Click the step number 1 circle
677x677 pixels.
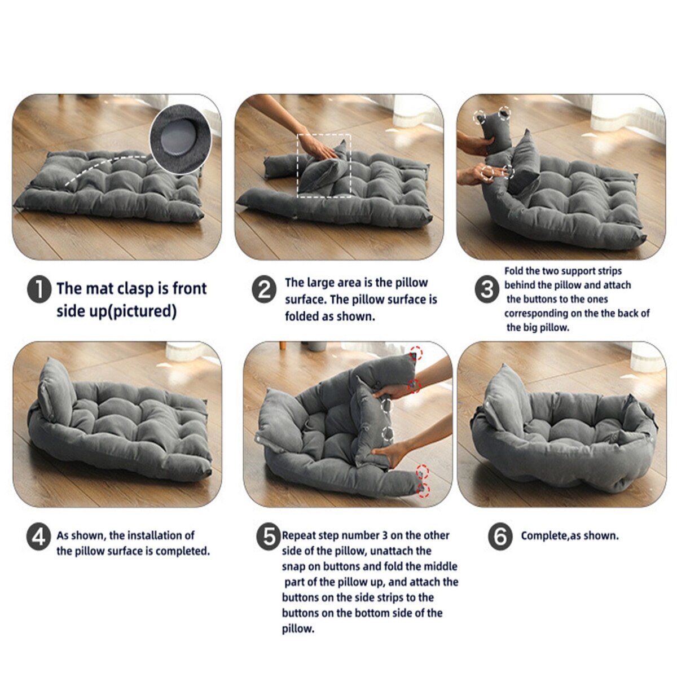point(39,290)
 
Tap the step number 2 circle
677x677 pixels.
point(264,290)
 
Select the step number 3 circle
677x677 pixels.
point(487,290)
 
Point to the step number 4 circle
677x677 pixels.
point(39,538)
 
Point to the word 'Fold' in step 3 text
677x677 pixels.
point(513,271)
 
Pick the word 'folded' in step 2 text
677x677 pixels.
point(302,316)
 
